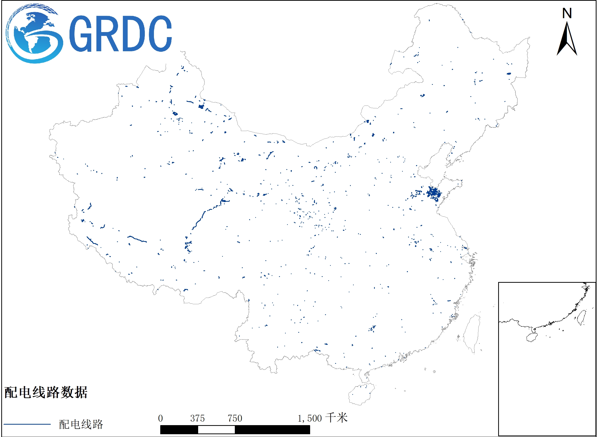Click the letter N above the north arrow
[x=567, y=13]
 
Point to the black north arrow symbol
[x=567, y=40]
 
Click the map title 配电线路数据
[x=46, y=392]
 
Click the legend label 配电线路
[x=81, y=424]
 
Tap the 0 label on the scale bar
[x=160, y=419]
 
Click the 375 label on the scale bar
[x=197, y=419]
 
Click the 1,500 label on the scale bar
[x=309, y=419]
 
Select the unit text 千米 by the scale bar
[x=336, y=418]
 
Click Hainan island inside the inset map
[x=532, y=338]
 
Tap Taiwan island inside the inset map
[x=582, y=317]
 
